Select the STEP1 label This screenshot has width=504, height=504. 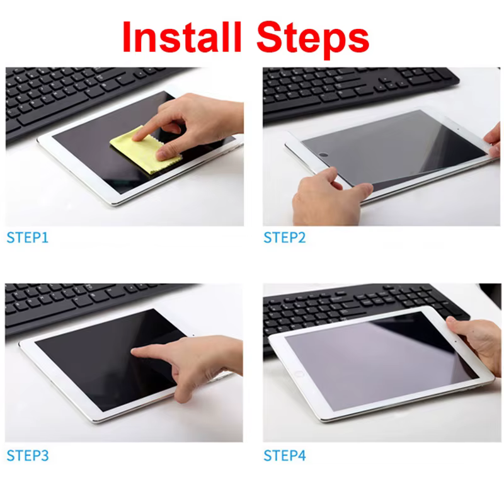[27, 238]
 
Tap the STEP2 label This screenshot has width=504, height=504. [284, 238]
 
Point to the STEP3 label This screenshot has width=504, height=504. [27, 455]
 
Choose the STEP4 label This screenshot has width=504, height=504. [284, 455]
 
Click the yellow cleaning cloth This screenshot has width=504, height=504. [139, 151]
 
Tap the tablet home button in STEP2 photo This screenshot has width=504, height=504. [324, 154]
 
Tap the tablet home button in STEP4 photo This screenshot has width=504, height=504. [299, 374]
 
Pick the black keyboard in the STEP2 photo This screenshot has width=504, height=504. [353, 88]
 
